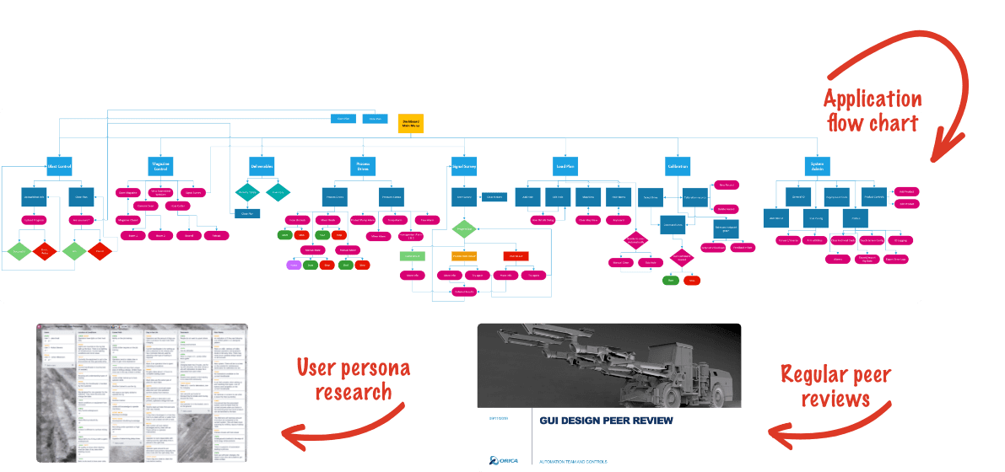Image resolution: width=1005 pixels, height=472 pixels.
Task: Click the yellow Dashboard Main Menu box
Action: point(411,123)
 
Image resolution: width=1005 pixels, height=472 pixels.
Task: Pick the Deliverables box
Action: point(262,166)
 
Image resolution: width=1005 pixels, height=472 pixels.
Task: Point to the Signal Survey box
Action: point(464,166)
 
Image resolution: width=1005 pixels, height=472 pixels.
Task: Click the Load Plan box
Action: point(565,166)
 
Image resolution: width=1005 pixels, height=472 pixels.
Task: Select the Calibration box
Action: point(678,166)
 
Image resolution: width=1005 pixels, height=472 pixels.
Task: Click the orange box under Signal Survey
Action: point(464,255)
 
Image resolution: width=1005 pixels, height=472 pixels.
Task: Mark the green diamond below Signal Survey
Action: point(464,228)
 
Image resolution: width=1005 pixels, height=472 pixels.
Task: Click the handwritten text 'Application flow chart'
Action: point(872,111)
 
